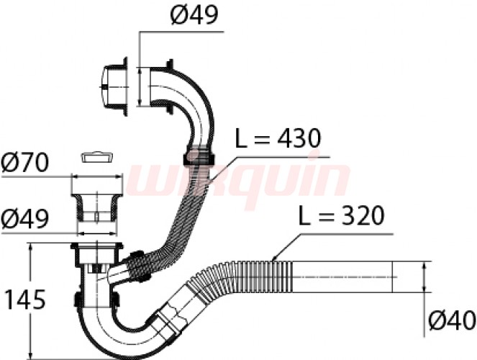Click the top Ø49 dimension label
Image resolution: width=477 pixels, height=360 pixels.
(x=194, y=15)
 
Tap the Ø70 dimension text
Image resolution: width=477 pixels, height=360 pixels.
(x=24, y=163)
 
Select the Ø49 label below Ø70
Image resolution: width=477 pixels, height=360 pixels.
(x=24, y=219)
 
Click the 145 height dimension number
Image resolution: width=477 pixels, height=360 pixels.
(x=26, y=300)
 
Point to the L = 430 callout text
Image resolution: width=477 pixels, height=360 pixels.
(x=278, y=138)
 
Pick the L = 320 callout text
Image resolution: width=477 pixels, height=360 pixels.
(x=341, y=215)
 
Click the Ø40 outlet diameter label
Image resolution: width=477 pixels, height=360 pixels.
(x=452, y=320)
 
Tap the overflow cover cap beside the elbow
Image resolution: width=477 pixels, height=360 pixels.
(x=114, y=86)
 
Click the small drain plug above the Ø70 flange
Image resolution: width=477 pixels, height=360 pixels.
(x=96, y=158)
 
